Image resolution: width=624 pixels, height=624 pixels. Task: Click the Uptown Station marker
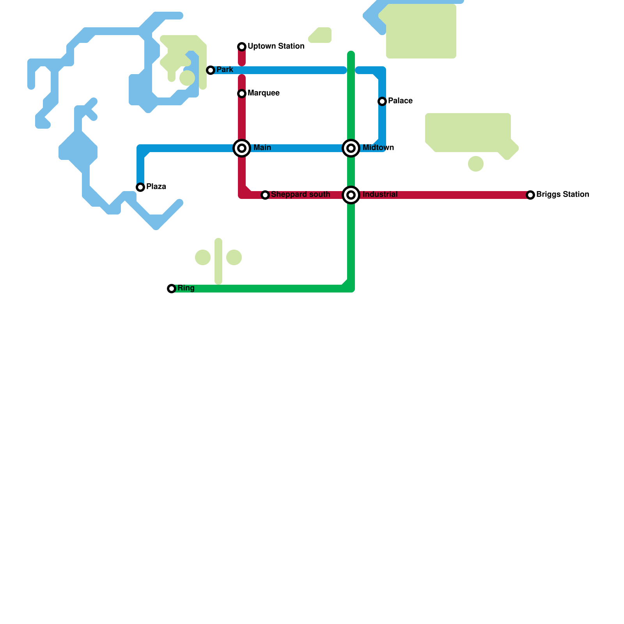coord(242,47)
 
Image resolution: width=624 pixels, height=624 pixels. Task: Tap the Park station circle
coord(211,70)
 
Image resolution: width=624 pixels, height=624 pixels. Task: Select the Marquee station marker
coord(242,94)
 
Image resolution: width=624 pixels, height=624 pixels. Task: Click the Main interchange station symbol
coord(242,148)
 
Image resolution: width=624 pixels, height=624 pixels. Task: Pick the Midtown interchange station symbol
coord(351,148)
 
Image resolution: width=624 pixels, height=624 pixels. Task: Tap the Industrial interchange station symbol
coord(351,195)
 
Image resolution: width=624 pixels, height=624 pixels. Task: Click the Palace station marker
coord(382,101)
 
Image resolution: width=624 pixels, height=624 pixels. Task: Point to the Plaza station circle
coord(140,187)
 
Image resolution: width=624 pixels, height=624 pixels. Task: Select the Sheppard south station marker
coord(265,195)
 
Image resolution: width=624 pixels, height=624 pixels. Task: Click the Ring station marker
coord(172,289)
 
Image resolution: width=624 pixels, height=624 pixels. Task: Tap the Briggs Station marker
coord(530,195)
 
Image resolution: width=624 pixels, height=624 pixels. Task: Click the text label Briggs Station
coord(562,194)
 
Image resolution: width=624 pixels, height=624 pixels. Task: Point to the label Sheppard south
coord(300,194)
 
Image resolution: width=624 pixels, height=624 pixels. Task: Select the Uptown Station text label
coord(276,46)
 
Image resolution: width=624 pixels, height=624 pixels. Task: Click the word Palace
coord(400,101)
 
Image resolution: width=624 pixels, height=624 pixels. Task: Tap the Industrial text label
coord(380,194)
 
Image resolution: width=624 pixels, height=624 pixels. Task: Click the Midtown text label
coord(378,147)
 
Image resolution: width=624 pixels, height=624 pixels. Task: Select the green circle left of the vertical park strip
coord(203,257)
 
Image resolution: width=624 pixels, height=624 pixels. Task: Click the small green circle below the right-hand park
coord(476,164)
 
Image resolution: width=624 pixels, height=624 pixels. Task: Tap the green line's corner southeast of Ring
coord(351,288)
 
